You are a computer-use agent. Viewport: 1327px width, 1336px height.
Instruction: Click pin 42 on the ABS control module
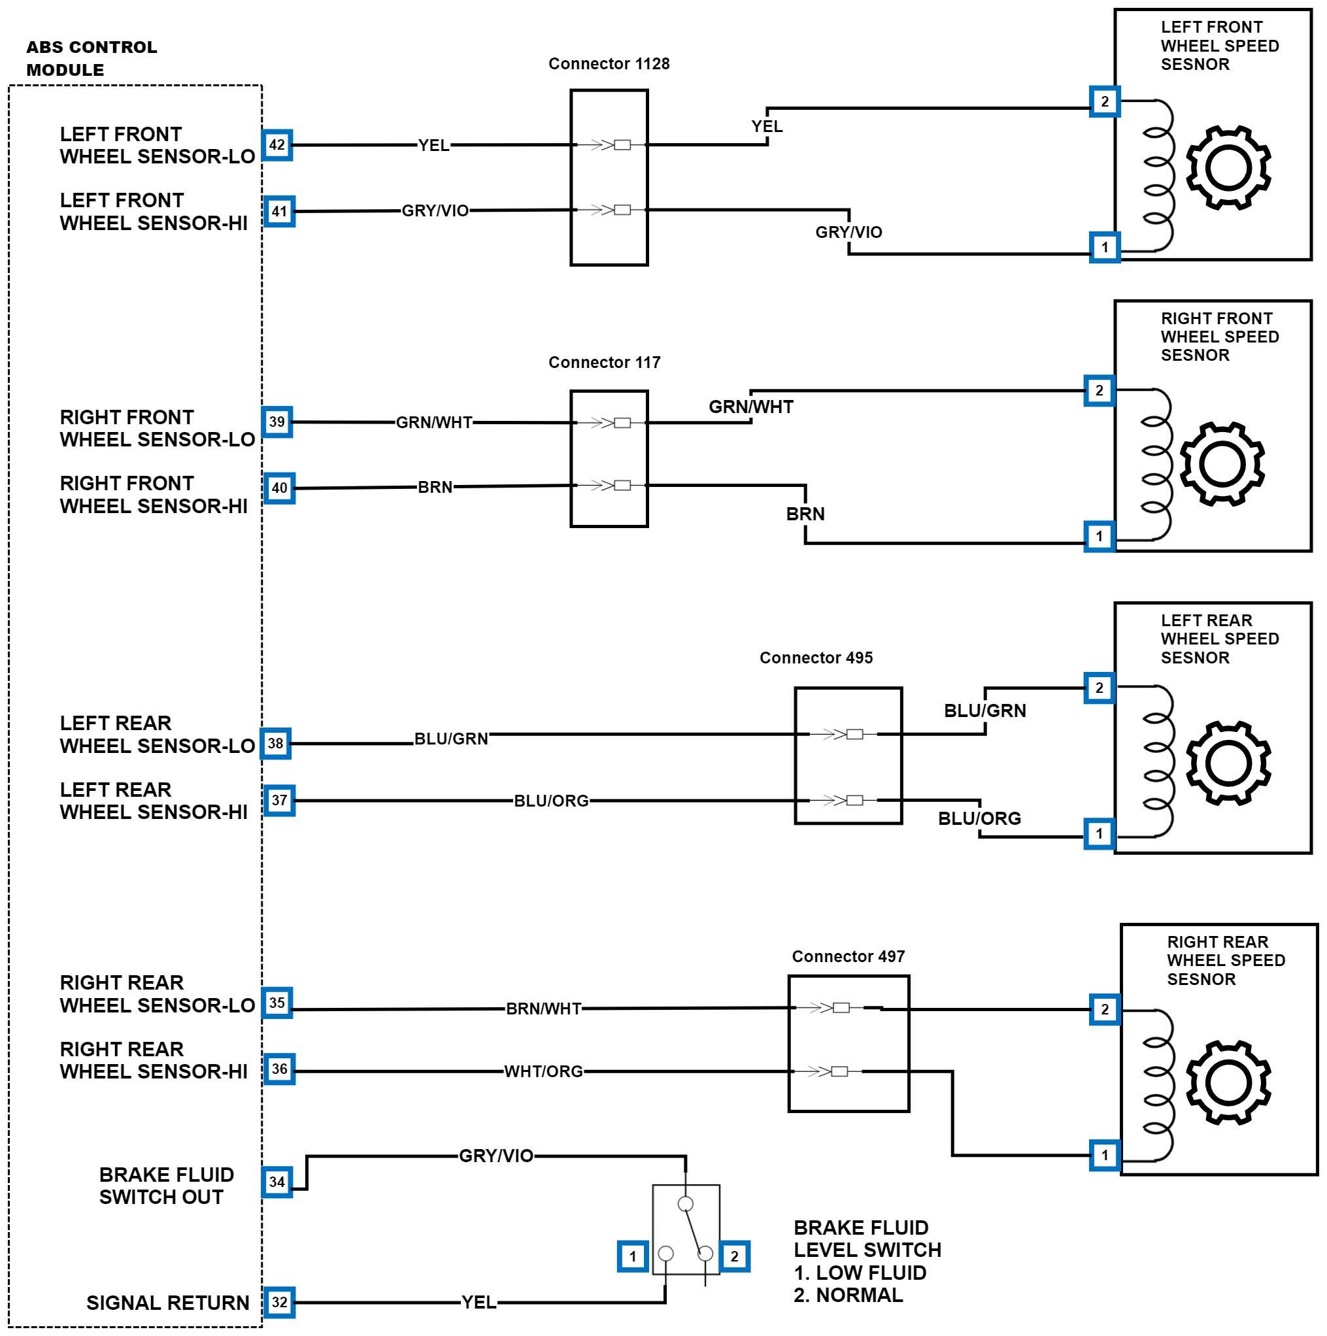277,145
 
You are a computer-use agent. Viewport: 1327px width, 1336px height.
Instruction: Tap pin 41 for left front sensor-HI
278,212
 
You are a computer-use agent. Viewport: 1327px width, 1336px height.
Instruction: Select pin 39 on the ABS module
277,422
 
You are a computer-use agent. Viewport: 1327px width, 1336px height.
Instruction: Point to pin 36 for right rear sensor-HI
278,1069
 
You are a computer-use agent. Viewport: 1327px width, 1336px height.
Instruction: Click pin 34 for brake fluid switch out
277,1182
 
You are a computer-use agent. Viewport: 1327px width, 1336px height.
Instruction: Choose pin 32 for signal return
278,1303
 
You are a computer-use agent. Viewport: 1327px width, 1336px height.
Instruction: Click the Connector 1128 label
609,63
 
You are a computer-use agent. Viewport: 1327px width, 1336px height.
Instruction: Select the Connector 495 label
815,658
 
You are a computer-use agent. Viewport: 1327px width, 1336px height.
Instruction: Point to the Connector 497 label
848,956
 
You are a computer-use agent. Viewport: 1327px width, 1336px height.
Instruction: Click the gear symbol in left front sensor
1228,167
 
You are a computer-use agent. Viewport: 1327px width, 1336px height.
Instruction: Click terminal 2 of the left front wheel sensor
1104,102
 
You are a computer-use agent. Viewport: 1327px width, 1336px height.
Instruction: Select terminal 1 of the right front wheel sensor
1099,536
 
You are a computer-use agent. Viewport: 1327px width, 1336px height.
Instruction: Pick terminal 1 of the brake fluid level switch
632,1256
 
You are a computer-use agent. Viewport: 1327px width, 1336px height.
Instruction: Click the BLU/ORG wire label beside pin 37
551,801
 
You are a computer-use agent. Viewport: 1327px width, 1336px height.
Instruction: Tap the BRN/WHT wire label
543,1009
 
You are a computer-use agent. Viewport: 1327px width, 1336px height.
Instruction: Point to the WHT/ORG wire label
543,1072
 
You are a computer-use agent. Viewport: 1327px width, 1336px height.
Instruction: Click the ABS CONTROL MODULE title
92,58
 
